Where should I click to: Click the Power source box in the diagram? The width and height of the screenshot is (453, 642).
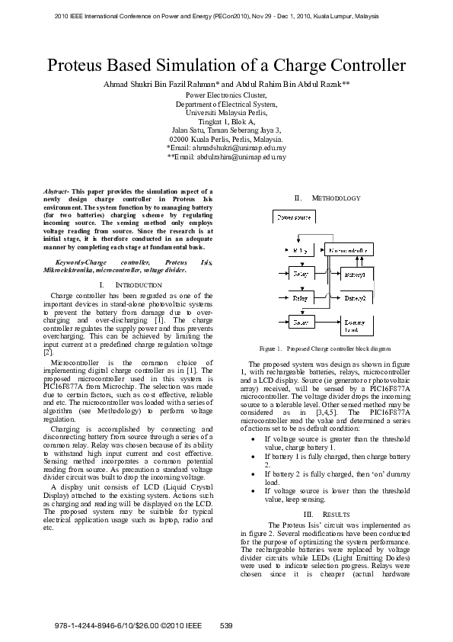click(x=294, y=217)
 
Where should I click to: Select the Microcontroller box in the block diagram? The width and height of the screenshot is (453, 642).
click(x=349, y=250)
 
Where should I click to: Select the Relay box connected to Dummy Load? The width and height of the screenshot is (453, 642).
click(x=299, y=323)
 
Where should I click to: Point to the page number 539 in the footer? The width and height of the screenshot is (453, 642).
click(x=226, y=625)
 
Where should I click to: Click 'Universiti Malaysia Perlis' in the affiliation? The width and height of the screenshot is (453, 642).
click(x=226, y=112)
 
